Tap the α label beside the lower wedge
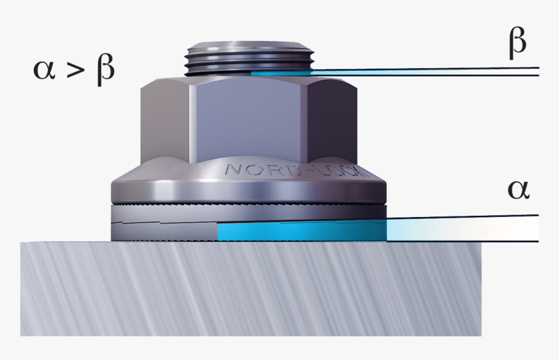519,190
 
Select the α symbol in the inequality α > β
46,70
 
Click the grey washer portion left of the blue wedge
162,227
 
